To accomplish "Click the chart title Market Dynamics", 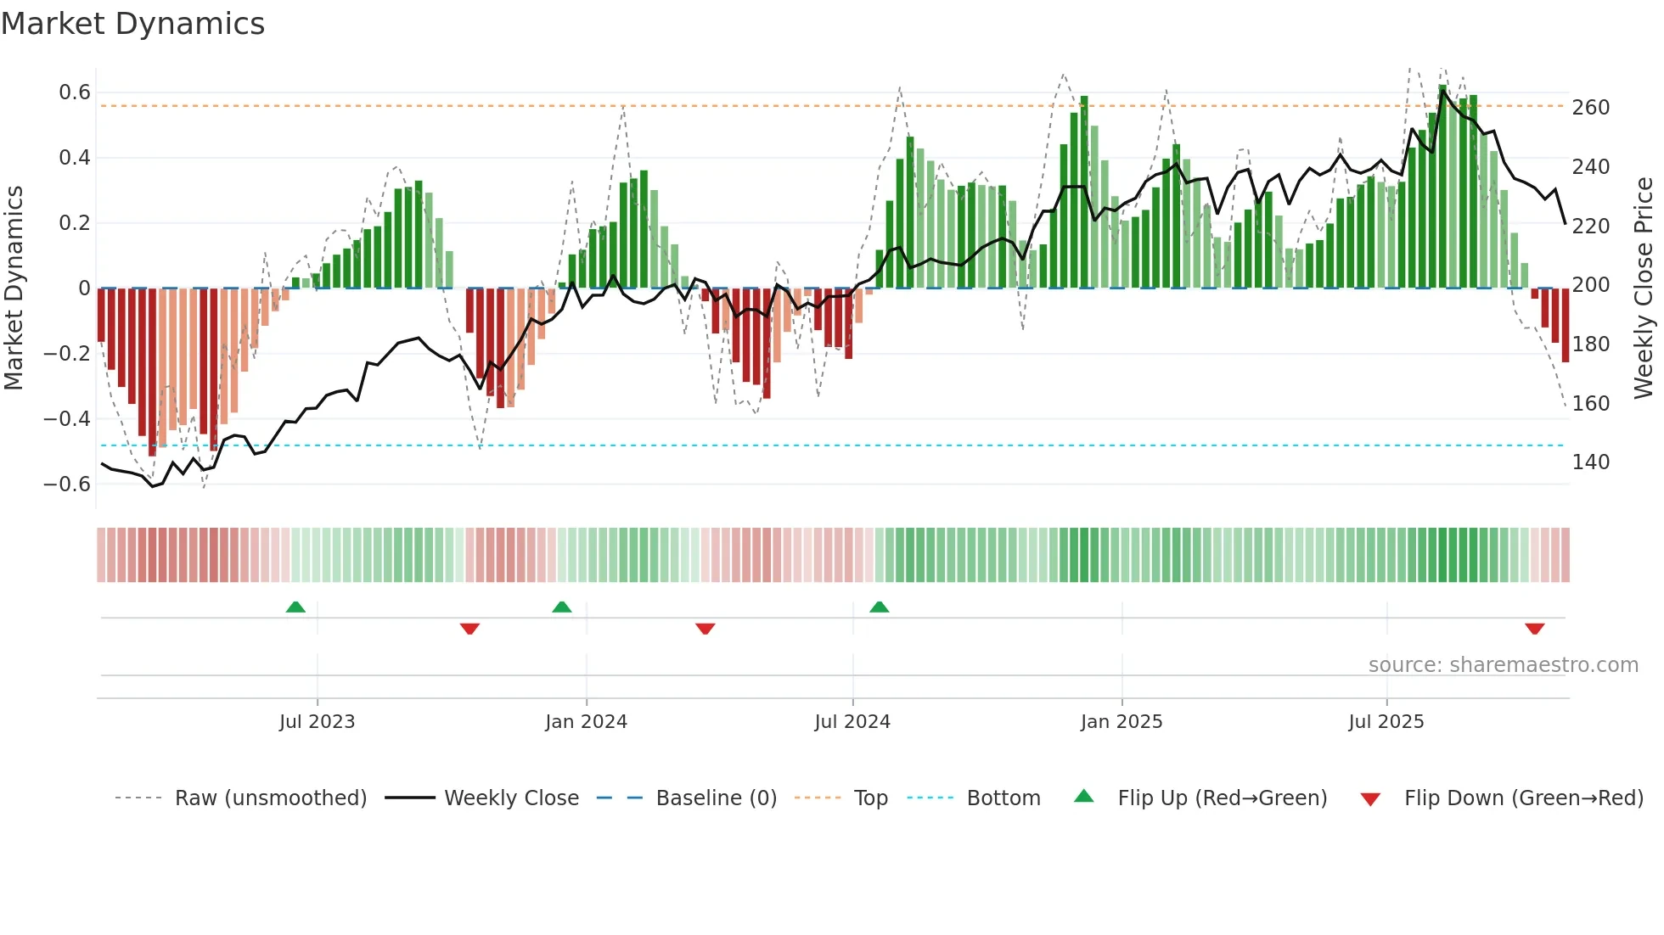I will (133, 24).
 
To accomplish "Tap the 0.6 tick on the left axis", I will (74, 92).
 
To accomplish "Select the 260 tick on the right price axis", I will (1590, 108).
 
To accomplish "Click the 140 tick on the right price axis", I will (1590, 462).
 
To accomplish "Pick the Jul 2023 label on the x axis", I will (317, 722).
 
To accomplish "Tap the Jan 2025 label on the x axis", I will (1121, 722).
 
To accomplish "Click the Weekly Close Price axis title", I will (1644, 288).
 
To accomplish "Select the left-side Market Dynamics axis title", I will (14, 288).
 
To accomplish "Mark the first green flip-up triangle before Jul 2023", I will (295, 607).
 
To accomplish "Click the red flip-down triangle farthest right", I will (1534, 629).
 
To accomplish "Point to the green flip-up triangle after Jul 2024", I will (879, 607).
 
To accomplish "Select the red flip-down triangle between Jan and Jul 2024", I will (705, 629).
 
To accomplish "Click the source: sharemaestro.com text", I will (1503, 665).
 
